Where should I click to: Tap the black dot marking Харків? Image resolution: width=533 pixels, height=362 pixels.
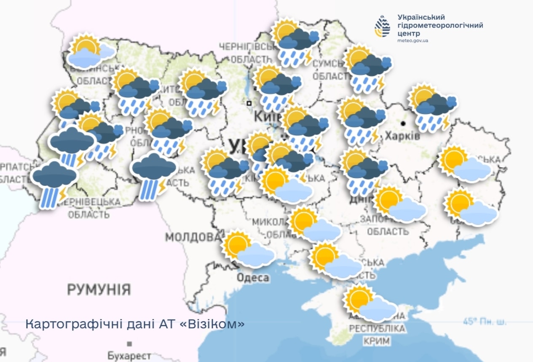(x=403, y=123)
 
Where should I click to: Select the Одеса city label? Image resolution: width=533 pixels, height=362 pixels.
(x=252, y=278)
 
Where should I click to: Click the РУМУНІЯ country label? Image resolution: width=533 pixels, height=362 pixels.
(x=99, y=290)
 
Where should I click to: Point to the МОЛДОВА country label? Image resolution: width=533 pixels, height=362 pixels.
(x=192, y=237)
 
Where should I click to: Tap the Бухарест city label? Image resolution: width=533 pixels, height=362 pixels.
(x=129, y=356)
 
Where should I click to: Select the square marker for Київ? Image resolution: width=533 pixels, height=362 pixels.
(x=249, y=103)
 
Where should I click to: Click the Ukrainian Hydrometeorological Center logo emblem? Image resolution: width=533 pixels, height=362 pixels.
(x=383, y=26)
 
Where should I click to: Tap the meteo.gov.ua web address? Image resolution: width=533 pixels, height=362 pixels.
(x=412, y=41)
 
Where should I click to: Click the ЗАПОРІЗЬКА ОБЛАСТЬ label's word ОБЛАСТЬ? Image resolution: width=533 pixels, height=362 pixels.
(x=387, y=231)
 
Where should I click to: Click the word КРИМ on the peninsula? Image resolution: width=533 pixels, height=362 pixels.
(x=378, y=341)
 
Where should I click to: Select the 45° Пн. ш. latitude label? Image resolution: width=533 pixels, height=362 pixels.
(x=485, y=322)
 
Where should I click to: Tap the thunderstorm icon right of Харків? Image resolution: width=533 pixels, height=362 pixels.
(x=432, y=107)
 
